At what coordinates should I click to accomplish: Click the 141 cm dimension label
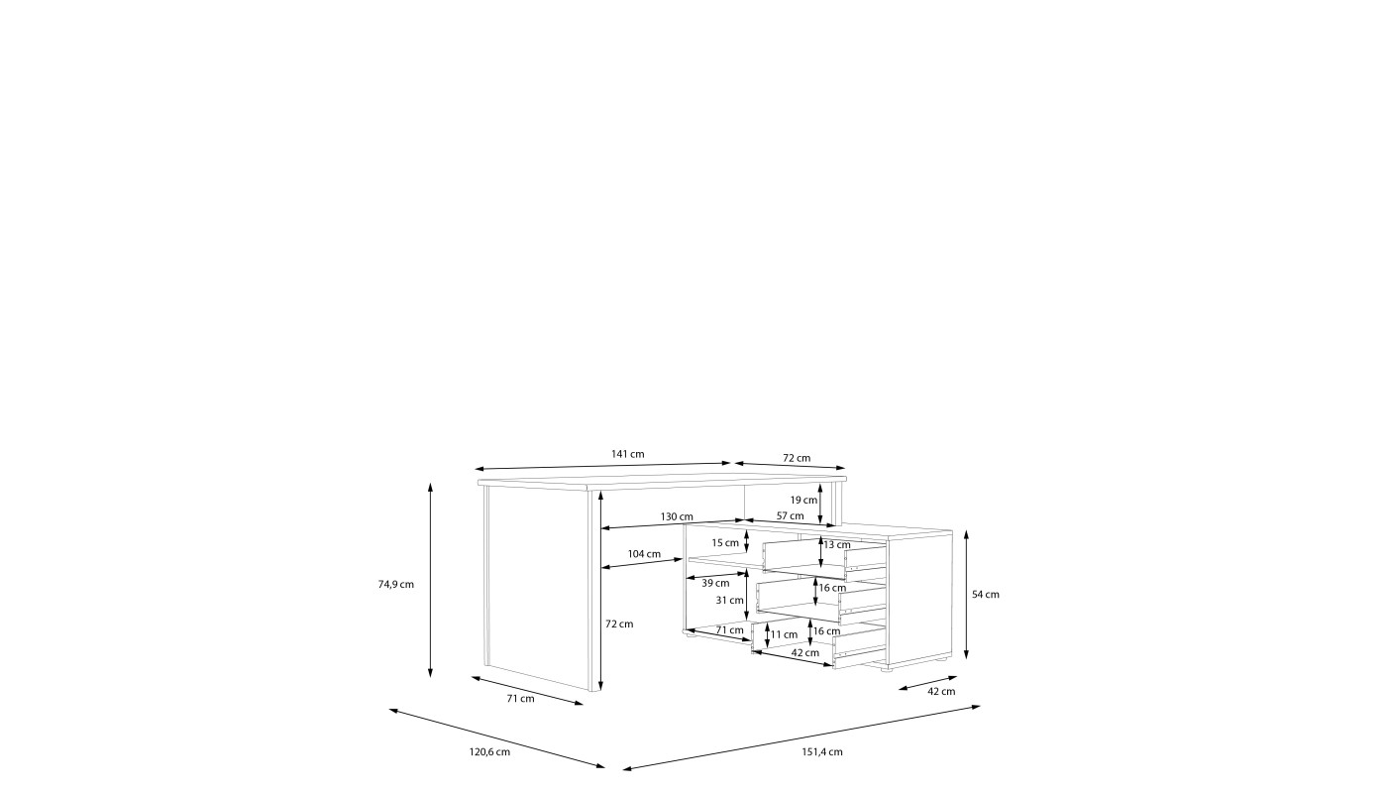[x=628, y=454]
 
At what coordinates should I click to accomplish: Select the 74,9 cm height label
[x=396, y=584]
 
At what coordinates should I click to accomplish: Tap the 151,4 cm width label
[x=822, y=752]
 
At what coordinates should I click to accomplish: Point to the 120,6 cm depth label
[x=489, y=752]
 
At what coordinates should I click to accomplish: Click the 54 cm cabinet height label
[x=986, y=594]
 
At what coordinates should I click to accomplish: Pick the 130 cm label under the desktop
[x=677, y=516]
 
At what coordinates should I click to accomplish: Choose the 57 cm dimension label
[x=791, y=515]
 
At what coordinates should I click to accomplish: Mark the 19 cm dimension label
[x=803, y=500]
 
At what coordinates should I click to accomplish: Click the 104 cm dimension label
[x=645, y=554]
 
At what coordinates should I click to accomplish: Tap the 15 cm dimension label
[x=725, y=543]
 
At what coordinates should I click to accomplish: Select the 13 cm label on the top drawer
[x=837, y=544]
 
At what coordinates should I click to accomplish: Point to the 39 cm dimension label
[x=715, y=583]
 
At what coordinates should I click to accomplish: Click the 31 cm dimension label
[x=730, y=600]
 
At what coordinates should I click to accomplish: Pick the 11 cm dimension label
[x=784, y=634]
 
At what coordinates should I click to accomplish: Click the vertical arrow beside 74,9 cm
[x=430, y=580]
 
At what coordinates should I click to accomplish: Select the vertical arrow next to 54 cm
[x=966, y=594]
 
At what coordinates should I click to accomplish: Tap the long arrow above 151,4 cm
[x=801, y=737]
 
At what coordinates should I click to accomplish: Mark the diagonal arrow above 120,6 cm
[x=496, y=739]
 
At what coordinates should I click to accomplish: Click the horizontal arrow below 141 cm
[x=603, y=466]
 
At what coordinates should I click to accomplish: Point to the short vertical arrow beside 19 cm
[x=820, y=505]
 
